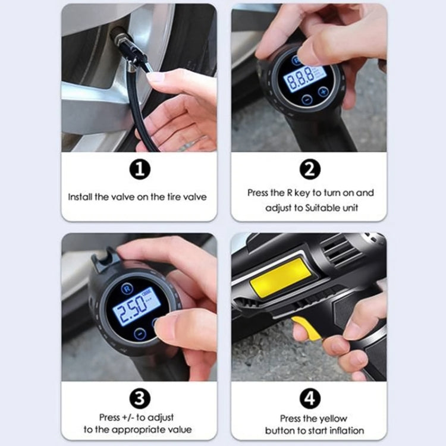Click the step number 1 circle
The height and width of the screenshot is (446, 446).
pyautogui.click(x=139, y=170)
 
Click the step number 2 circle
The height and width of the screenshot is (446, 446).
pyautogui.click(x=309, y=170)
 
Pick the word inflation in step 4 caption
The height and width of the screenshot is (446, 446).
pyautogui.click(x=346, y=430)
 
